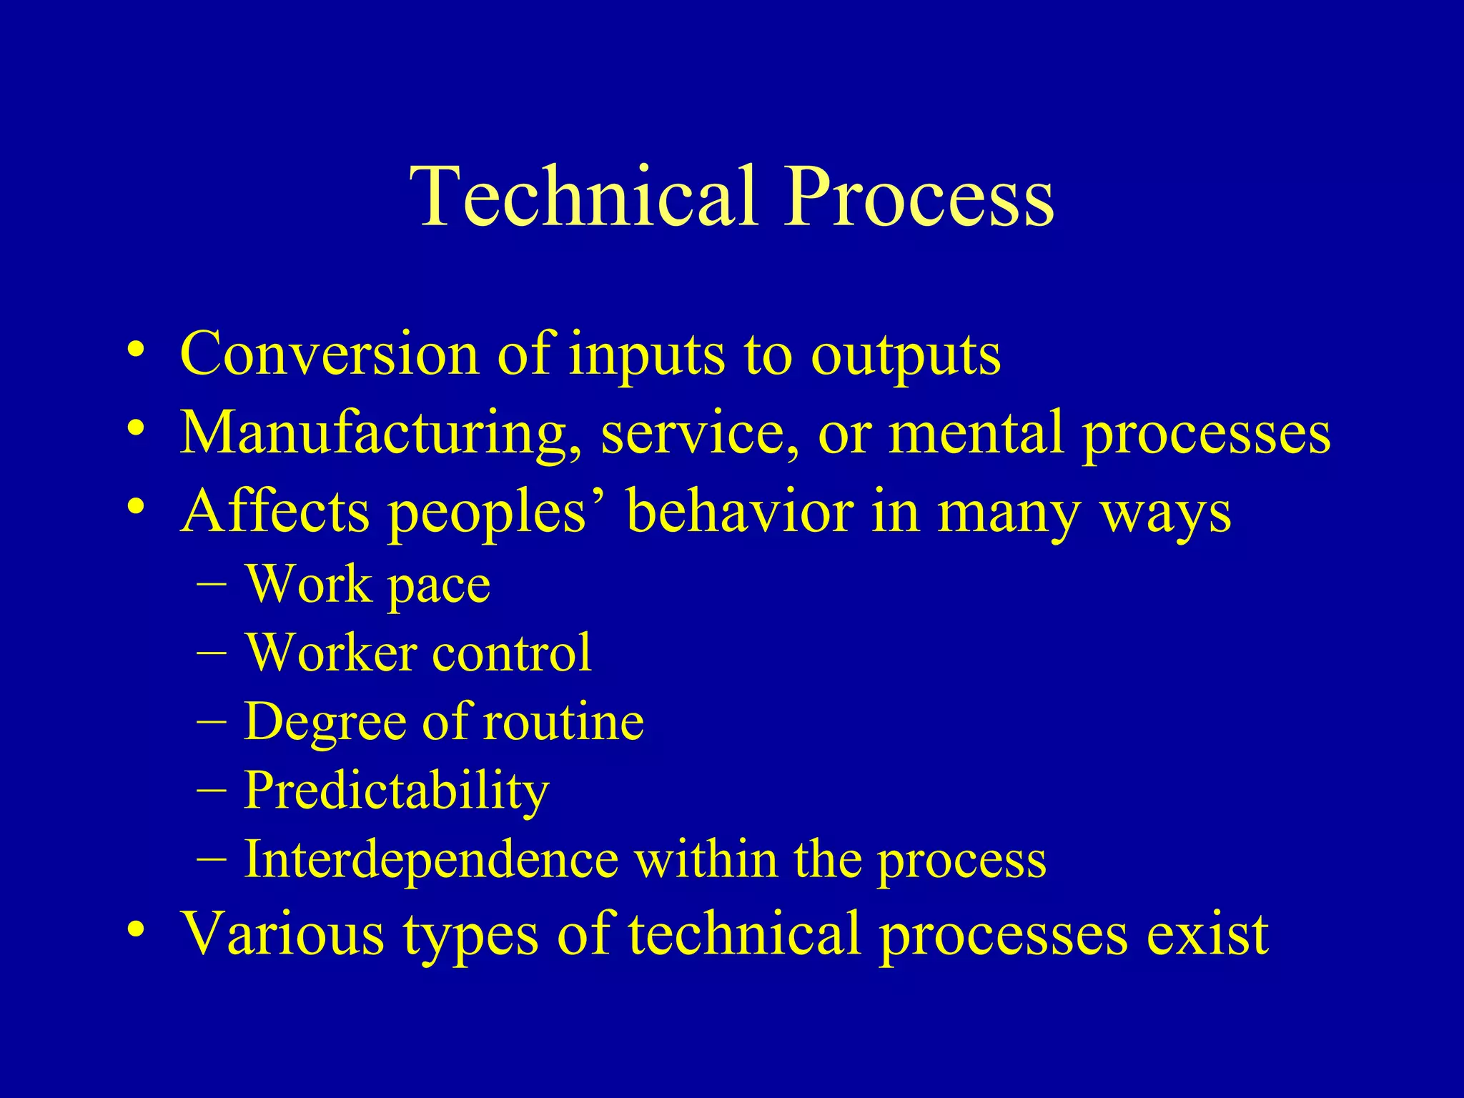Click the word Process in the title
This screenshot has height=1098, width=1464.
pyautogui.click(x=919, y=197)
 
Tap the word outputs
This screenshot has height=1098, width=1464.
pyautogui.click(x=906, y=355)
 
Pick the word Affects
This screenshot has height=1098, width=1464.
pyautogui.click(x=275, y=512)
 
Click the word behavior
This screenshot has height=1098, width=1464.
pyautogui.click(x=739, y=512)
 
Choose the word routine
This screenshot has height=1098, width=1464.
pyautogui.click(x=564, y=721)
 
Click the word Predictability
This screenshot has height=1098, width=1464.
pyautogui.click(x=397, y=791)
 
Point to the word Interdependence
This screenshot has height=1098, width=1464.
pyautogui.click(x=431, y=859)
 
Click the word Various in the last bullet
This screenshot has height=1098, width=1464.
pyautogui.click(x=282, y=933)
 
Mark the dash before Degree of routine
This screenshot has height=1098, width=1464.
pyautogui.click(x=212, y=721)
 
